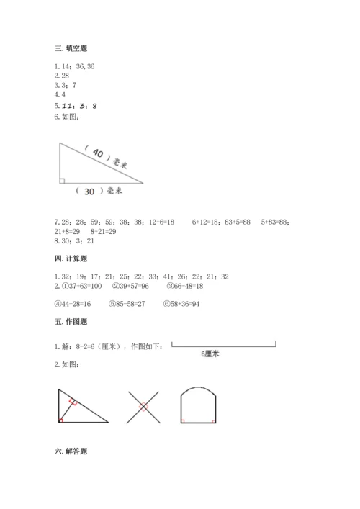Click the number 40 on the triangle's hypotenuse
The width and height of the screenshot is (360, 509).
[97, 155]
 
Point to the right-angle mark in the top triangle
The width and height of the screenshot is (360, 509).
[62, 181]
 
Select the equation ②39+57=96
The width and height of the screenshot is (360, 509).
[132, 286]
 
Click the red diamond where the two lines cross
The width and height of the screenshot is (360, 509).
[143, 407]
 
